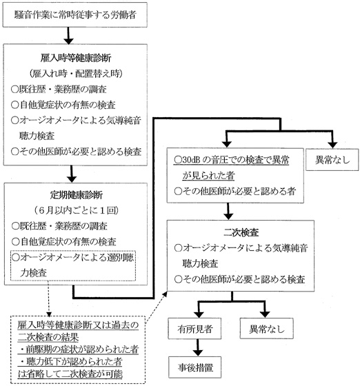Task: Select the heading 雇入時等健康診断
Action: tap(72, 58)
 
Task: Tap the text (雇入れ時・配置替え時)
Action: tap(72, 73)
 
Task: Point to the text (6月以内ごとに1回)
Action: tap(72, 210)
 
